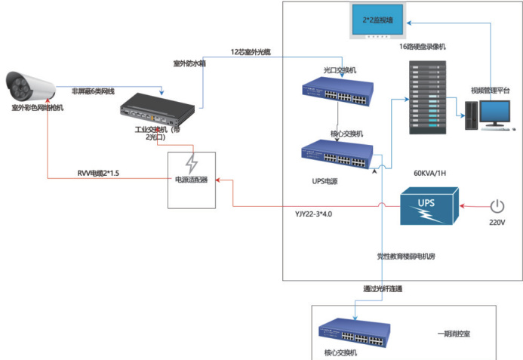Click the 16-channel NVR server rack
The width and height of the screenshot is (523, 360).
[x=424, y=95]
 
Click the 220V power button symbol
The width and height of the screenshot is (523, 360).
[x=497, y=205]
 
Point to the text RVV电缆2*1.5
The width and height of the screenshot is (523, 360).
[x=98, y=173]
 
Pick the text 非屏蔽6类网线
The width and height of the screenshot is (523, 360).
[x=93, y=91]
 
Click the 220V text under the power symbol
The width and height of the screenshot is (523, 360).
[x=497, y=223]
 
